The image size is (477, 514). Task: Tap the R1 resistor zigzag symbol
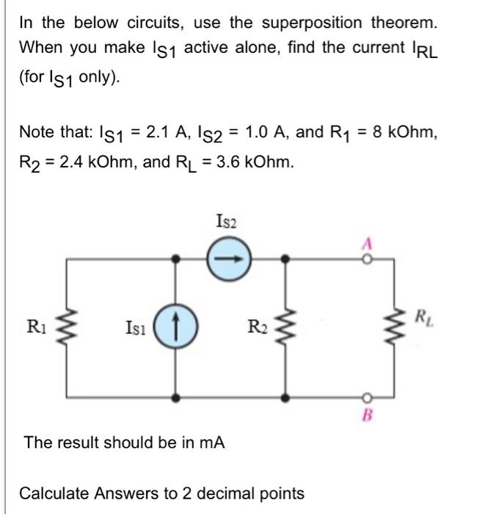point(69,326)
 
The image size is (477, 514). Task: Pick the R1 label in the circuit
point(35,324)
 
